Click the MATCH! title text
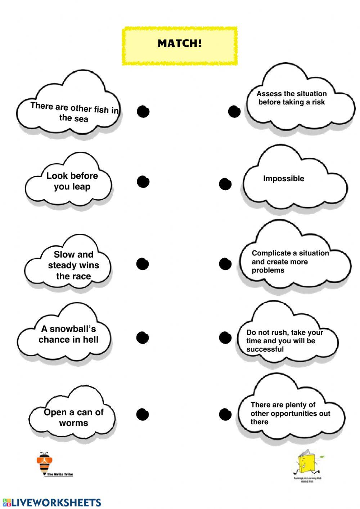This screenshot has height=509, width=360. (x=180, y=44)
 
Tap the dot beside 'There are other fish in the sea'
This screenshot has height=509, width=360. (x=143, y=112)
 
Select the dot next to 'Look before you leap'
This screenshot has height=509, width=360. (x=143, y=182)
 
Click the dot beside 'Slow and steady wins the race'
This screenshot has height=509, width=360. (x=143, y=264)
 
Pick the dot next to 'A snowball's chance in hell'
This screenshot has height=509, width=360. (x=143, y=338)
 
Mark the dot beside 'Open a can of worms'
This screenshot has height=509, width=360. (x=143, y=414)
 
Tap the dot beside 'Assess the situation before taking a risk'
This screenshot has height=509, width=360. (x=234, y=111)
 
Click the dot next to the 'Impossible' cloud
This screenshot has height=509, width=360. (x=225, y=184)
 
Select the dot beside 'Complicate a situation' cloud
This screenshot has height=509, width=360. (x=225, y=264)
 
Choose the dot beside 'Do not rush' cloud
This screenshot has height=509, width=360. (x=225, y=338)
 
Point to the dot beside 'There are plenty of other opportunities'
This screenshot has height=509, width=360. (x=225, y=414)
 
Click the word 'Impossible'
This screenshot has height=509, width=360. (x=283, y=179)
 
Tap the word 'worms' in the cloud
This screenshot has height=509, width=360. (x=73, y=423)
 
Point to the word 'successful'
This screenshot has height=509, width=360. (x=265, y=349)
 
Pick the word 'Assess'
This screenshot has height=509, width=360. (x=268, y=94)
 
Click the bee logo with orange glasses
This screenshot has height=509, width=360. (x=44, y=463)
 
